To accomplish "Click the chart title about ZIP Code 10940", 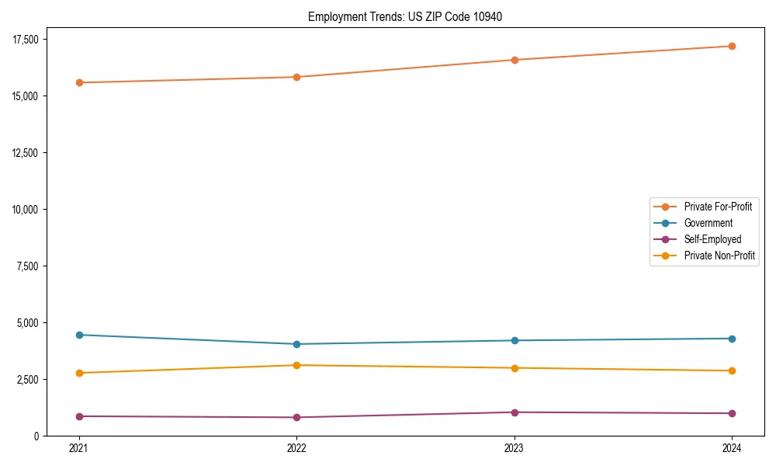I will (404, 16).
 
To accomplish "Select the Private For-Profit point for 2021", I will (78, 82).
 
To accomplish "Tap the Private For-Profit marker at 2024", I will (732, 46).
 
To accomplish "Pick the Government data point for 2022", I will (296, 344).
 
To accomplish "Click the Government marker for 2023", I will (514, 340).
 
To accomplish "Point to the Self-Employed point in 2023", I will (514, 412).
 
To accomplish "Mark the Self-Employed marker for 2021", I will (78, 416).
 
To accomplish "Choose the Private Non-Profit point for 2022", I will (296, 365).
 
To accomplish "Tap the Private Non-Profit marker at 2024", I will (732, 370).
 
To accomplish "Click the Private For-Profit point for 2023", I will (514, 60).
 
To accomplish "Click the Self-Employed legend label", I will (712, 239).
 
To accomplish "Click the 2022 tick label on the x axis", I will (296, 447).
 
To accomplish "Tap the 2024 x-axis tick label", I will (732, 447).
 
